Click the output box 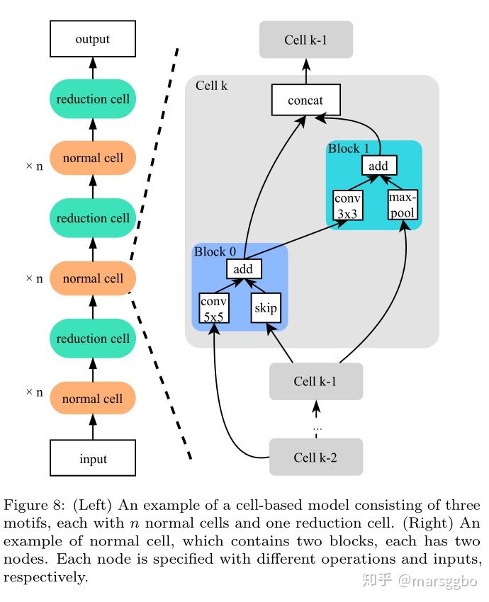(x=93, y=39)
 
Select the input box (x=93, y=458)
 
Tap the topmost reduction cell (x=93, y=99)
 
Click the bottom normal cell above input (x=93, y=398)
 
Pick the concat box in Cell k (x=305, y=100)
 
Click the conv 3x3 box (x=348, y=205)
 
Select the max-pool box (x=403, y=205)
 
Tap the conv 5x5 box (x=214, y=308)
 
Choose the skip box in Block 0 (x=266, y=308)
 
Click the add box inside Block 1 (x=379, y=166)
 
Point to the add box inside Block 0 (x=244, y=268)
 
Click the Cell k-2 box (x=316, y=457)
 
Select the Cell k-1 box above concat (x=305, y=40)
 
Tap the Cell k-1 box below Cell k (x=316, y=381)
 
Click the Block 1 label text (x=348, y=148)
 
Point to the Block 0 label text (x=215, y=251)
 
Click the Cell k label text (x=211, y=85)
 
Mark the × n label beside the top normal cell (x=34, y=166)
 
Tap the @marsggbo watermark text (x=437, y=581)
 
